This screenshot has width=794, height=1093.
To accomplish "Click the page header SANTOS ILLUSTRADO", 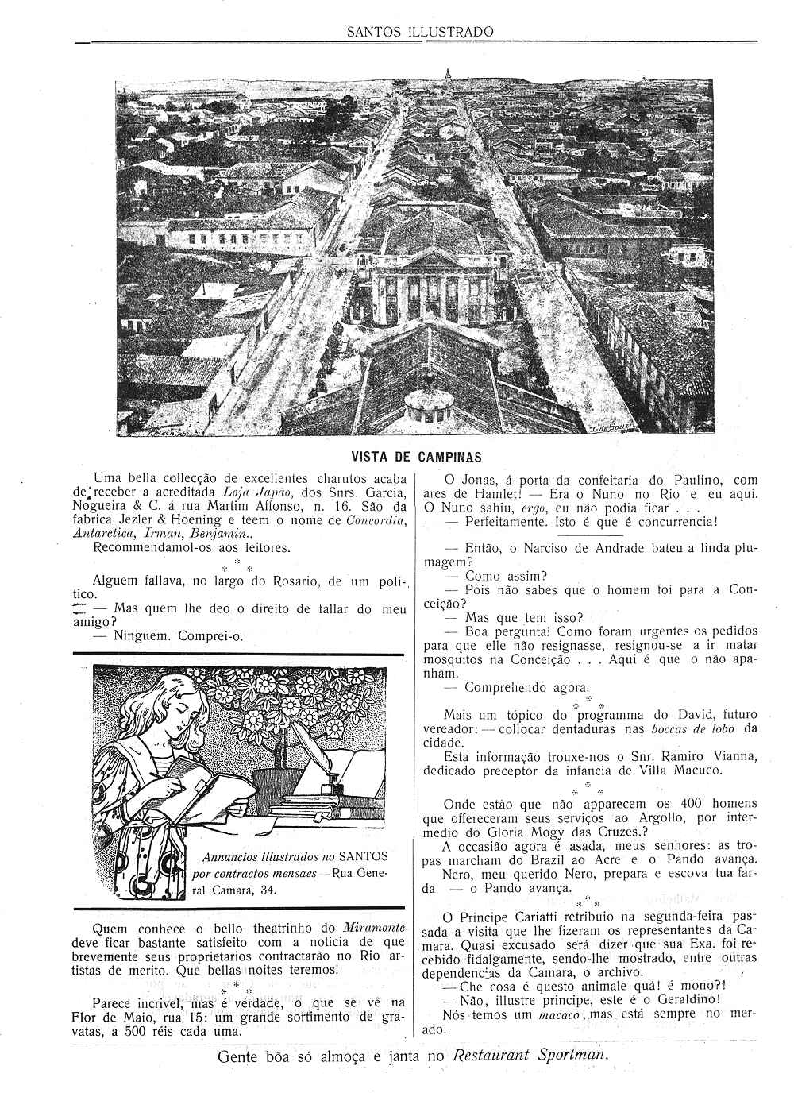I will pyautogui.click(x=420, y=32).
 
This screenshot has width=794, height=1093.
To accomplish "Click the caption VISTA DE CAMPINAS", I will pyautogui.click(x=416, y=458).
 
